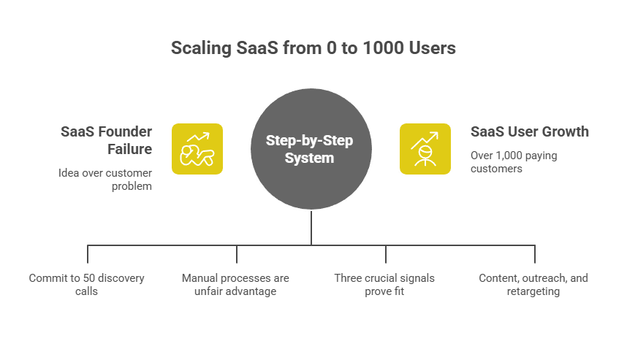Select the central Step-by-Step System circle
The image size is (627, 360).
(311, 149)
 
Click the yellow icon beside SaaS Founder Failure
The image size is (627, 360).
(197, 149)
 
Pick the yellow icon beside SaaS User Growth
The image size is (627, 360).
(425, 149)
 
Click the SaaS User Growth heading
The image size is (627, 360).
(530, 132)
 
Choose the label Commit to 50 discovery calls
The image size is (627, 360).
(87, 285)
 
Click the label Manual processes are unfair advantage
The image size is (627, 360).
(235, 285)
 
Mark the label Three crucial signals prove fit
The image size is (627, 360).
(385, 285)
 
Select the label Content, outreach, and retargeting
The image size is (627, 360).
(533, 285)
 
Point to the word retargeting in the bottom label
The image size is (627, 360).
(533, 291)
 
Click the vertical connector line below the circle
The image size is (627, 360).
(311, 228)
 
